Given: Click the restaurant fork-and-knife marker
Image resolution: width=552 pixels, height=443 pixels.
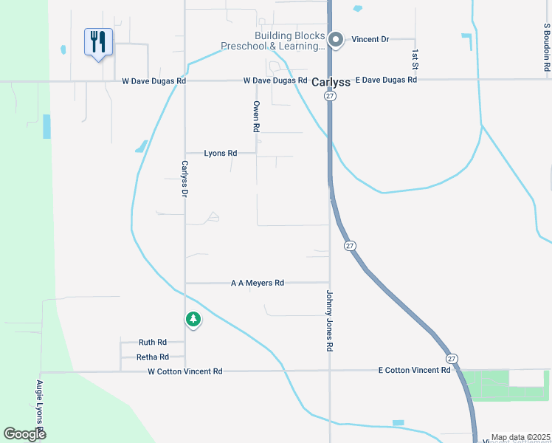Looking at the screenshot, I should pyautogui.click(x=98, y=42).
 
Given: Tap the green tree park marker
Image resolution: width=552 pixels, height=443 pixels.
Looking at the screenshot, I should pyautogui.click(x=193, y=319).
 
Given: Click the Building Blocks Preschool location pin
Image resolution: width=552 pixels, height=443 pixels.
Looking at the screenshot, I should pyautogui.click(x=337, y=41).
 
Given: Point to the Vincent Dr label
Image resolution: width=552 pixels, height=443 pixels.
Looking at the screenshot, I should pyautogui.click(x=370, y=39).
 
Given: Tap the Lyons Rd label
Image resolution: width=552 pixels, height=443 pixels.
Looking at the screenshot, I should pyautogui.click(x=220, y=154).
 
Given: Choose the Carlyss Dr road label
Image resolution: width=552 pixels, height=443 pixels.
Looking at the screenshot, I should pyautogui.click(x=185, y=179).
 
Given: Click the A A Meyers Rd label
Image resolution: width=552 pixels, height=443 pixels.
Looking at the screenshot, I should pyautogui.click(x=257, y=283).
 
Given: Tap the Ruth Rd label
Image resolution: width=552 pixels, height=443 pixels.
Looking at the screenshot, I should pyautogui.click(x=153, y=343).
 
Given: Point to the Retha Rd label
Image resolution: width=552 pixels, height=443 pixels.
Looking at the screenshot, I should pyautogui.click(x=153, y=357).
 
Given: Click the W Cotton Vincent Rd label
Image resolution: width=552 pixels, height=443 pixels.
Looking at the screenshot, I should pyautogui.click(x=184, y=371).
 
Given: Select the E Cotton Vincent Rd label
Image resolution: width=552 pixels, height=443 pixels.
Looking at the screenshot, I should pyautogui.click(x=413, y=370).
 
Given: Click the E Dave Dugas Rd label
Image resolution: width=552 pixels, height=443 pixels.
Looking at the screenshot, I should pyautogui.click(x=386, y=80).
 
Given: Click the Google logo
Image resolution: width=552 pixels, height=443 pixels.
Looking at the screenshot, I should pyautogui.click(x=24, y=434).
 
